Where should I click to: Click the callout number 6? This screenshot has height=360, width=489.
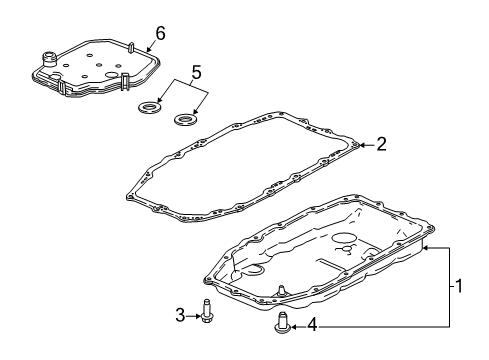(160, 34)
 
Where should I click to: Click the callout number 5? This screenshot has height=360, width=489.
(196, 72)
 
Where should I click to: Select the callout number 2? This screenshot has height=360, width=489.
(382, 144)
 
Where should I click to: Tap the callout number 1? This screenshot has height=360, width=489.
(459, 286)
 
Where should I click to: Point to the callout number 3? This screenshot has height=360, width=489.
(180, 315)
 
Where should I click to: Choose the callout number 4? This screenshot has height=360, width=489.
(312, 325)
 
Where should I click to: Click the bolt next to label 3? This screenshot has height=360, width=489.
(207, 310)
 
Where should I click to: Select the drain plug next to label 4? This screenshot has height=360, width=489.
(283, 322)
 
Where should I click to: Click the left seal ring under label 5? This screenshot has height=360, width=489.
(151, 107)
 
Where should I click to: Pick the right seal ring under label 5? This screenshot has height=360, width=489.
(185, 119)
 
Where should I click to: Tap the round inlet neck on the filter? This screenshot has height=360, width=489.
(49, 58)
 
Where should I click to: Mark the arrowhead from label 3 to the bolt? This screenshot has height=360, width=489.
(197, 316)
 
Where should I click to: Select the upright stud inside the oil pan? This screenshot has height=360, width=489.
(282, 290)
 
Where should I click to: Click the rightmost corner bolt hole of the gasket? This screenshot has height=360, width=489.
(356, 145)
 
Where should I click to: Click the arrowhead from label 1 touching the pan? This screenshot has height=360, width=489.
(426, 248)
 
